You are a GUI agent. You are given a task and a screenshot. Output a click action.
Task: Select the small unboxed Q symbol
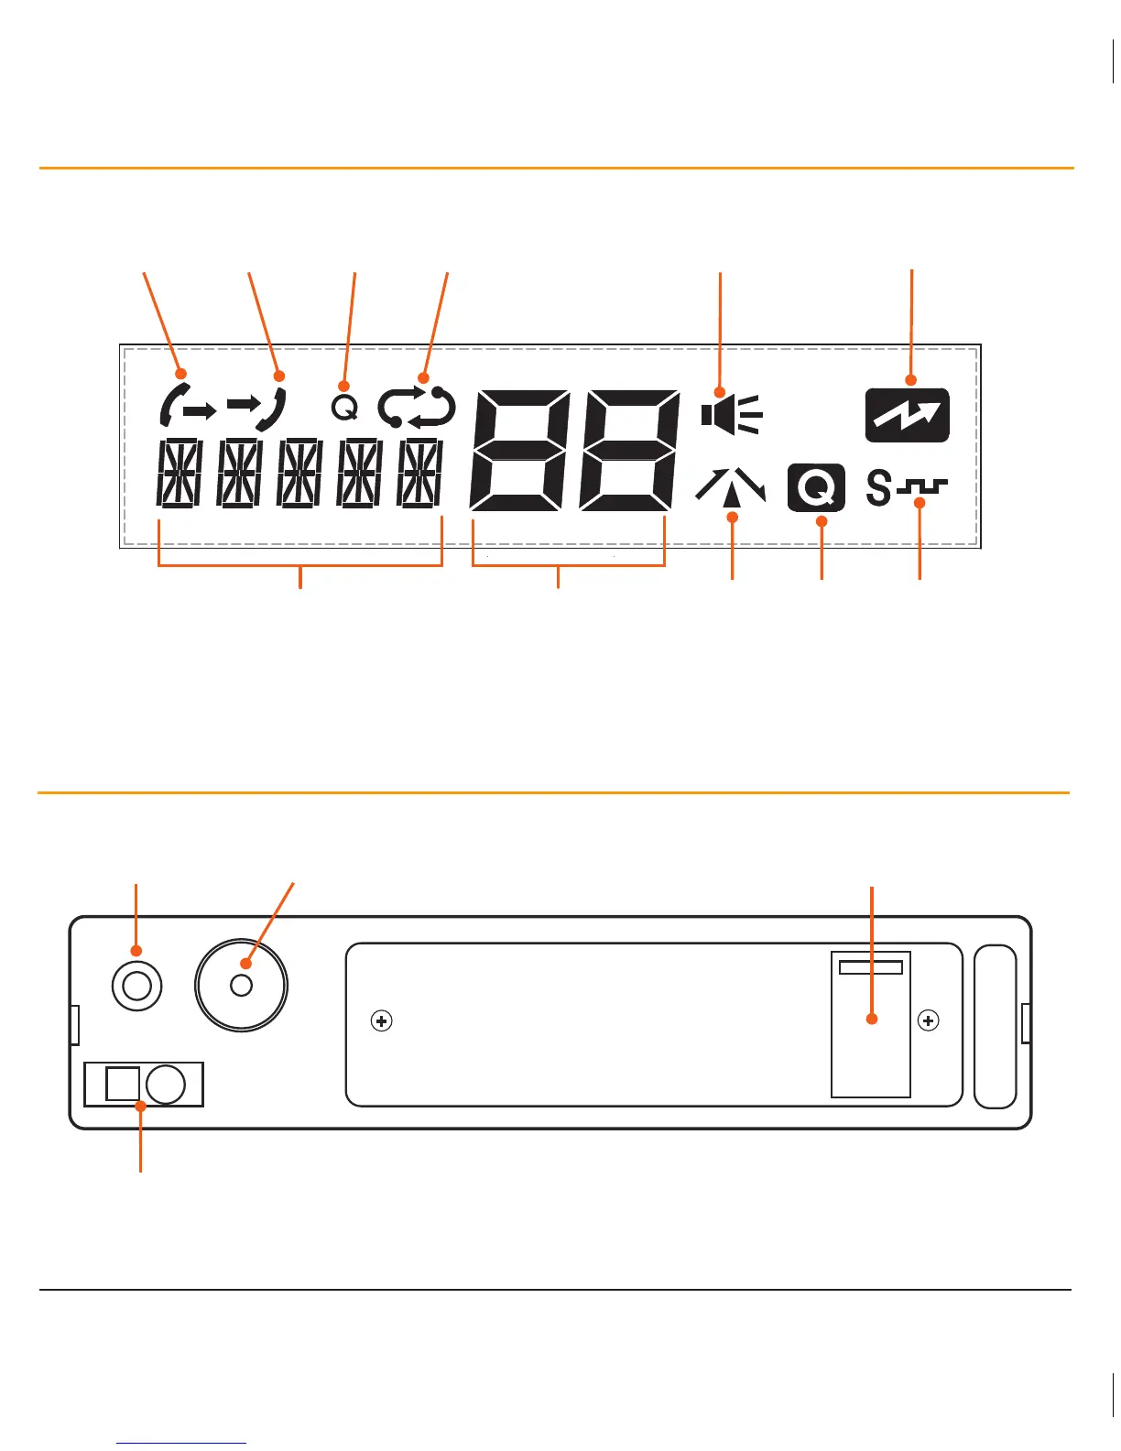click(x=344, y=408)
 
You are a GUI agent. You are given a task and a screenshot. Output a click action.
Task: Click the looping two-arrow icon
click(x=417, y=408)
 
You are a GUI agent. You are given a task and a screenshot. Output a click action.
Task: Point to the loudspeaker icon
click(x=731, y=414)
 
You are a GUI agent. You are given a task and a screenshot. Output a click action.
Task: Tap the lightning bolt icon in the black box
click(x=907, y=415)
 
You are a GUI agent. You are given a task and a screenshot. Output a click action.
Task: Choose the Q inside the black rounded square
click(x=815, y=488)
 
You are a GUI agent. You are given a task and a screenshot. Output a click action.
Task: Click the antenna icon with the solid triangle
click(x=731, y=486)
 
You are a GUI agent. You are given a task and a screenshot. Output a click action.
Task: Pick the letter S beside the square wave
click(x=878, y=487)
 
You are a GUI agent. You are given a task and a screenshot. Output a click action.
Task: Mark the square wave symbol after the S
click(x=922, y=488)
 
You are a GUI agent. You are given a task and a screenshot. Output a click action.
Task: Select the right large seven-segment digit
click(x=630, y=450)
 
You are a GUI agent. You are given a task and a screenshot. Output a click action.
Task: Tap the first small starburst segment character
click(x=180, y=473)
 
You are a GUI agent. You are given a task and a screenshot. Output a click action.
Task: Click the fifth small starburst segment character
click(x=420, y=473)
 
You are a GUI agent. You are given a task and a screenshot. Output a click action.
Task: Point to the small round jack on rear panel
click(x=136, y=986)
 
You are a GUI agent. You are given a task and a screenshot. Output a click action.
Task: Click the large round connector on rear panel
click(x=241, y=986)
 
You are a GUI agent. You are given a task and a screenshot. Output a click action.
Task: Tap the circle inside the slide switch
click(x=166, y=1085)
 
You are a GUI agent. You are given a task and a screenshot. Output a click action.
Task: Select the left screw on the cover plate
click(x=381, y=1020)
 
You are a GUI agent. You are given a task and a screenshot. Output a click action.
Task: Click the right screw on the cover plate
click(x=928, y=1020)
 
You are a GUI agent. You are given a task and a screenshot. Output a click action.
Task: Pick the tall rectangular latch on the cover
click(x=870, y=1024)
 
